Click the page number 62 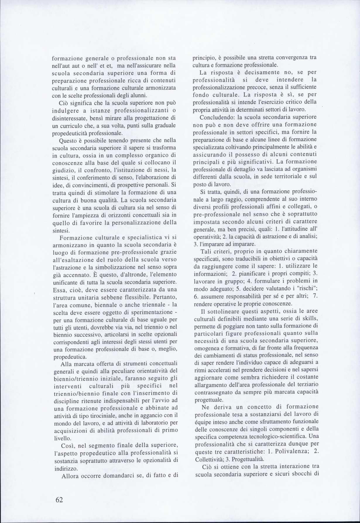click(x=59, y=500)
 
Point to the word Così click(x=68, y=445)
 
